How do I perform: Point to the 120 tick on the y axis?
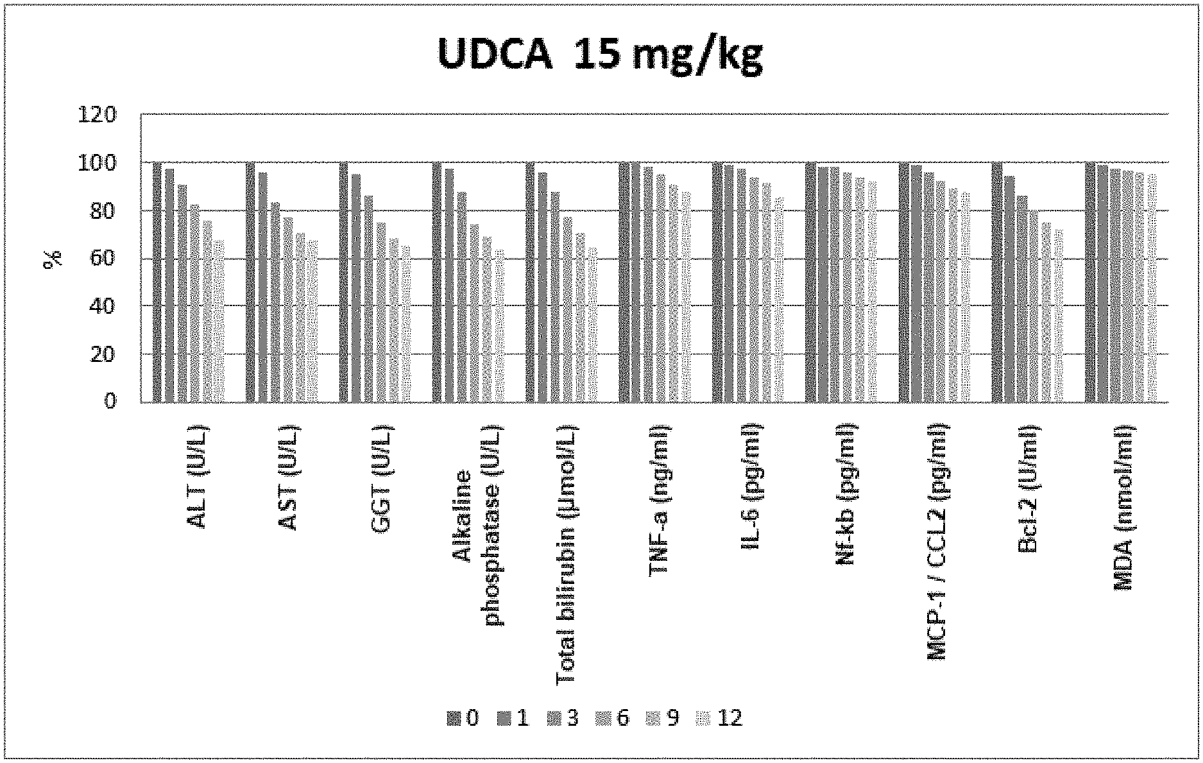pyautogui.click(x=96, y=116)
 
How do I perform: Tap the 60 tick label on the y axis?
pyautogui.click(x=102, y=259)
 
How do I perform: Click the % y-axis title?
pyautogui.click(x=53, y=258)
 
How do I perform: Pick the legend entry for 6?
pyautogui.click(x=614, y=717)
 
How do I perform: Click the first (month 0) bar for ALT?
pyautogui.click(x=157, y=282)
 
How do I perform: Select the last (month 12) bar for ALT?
pyautogui.click(x=219, y=321)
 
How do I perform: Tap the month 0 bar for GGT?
pyautogui.click(x=343, y=282)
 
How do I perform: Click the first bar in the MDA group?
pyautogui.click(x=1089, y=282)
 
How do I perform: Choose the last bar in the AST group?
pyautogui.click(x=312, y=321)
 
